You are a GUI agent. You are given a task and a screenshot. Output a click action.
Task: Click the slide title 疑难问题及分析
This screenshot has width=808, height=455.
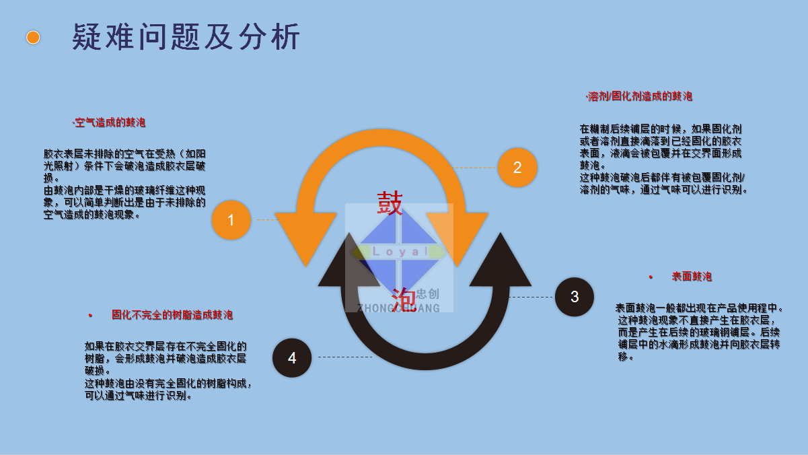[x=186, y=37]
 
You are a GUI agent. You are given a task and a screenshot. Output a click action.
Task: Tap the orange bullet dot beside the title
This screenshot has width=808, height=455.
[x=33, y=37]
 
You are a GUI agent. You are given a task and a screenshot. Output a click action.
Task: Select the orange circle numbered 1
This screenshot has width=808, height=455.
[x=231, y=220]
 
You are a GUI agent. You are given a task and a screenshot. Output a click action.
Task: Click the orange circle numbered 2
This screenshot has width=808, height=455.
[x=517, y=168]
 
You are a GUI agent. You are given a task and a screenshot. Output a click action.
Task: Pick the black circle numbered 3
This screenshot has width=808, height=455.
[x=575, y=297]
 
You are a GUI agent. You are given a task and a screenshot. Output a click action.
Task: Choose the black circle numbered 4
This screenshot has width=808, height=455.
[x=292, y=358]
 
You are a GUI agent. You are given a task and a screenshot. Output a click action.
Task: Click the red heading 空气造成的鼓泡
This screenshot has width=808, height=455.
[x=110, y=123]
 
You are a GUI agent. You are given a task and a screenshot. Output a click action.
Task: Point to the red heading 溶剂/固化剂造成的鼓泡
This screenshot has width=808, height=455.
[x=640, y=96]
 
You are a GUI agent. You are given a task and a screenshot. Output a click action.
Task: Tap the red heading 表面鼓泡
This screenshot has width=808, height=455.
[x=692, y=277]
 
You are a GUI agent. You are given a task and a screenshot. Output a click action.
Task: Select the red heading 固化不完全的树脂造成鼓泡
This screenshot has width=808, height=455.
[x=172, y=314]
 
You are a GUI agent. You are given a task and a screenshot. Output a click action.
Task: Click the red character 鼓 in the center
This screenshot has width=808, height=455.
[x=390, y=203]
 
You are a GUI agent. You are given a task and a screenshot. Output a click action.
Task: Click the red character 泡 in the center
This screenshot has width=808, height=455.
[x=403, y=297]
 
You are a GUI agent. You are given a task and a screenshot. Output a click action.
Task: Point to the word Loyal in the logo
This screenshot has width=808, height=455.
[x=400, y=252]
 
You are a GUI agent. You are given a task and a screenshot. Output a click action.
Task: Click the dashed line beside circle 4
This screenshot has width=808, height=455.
[x=344, y=357]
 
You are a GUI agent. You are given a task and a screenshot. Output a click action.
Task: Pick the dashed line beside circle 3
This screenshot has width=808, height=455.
[x=531, y=297]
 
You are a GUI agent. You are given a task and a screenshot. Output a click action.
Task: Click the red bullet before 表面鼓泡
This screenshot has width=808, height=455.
[x=651, y=277]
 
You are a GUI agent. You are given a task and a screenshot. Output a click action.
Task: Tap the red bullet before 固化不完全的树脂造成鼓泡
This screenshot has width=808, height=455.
[x=90, y=315]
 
